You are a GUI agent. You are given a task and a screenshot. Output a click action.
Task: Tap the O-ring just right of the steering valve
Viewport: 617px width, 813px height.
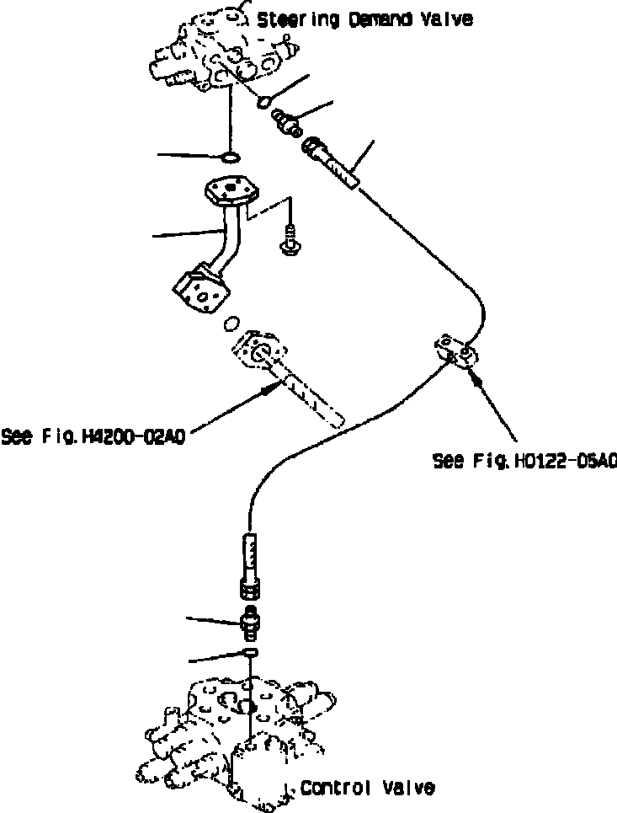tap(264, 103)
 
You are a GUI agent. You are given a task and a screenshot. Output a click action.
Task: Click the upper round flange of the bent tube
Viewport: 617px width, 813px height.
tap(229, 190)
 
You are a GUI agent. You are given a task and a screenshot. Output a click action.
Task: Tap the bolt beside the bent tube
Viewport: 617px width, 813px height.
tap(289, 238)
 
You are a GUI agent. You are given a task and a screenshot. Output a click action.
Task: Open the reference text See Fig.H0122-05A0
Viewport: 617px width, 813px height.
tap(524, 461)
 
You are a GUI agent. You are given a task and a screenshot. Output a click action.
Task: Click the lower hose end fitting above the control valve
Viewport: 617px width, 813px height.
tap(251, 563)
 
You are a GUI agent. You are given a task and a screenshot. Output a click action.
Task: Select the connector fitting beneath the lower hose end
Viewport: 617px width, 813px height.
tap(251, 621)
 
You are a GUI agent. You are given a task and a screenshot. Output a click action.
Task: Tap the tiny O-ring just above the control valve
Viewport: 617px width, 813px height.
tap(251, 654)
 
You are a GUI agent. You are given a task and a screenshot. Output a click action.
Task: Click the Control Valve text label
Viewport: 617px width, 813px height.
tap(367, 789)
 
